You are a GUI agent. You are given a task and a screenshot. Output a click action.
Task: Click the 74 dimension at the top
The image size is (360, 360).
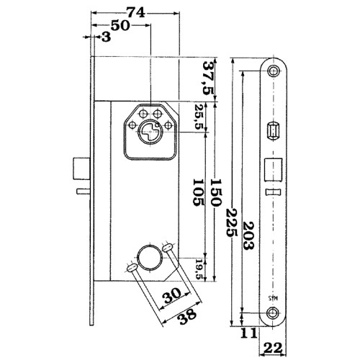click(x=136, y=13)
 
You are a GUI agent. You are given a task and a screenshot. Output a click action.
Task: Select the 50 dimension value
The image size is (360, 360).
click(x=120, y=26)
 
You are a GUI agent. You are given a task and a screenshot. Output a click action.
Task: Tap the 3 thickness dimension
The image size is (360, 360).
click(x=106, y=37)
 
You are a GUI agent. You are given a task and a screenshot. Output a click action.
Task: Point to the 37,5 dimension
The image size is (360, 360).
click(x=208, y=78)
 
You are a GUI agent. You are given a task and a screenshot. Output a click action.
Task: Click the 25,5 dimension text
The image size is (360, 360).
click(x=199, y=117)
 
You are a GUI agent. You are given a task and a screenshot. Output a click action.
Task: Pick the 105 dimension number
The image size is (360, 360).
click(x=199, y=192)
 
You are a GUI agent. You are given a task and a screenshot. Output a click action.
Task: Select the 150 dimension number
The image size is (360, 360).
click(x=215, y=192)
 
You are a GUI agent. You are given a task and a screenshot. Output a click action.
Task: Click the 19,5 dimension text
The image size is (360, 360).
click(x=199, y=269)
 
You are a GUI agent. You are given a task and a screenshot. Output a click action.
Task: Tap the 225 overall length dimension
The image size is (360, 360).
click(x=232, y=223)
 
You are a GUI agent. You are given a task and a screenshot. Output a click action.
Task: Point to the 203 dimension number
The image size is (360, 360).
click(x=248, y=236)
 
